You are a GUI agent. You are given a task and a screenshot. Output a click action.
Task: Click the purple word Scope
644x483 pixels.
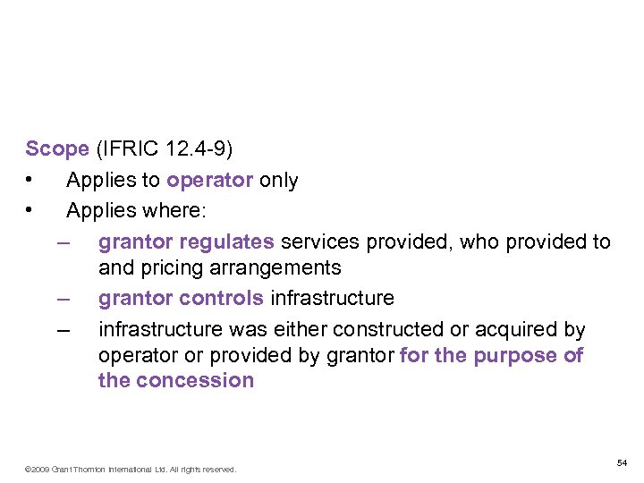click(57, 148)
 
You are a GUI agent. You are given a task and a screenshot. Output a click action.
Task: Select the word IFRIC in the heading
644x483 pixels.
click(126, 148)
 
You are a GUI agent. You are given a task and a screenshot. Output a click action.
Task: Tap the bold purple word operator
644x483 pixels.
click(210, 180)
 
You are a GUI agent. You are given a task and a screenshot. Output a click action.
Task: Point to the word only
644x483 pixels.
click(278, 180)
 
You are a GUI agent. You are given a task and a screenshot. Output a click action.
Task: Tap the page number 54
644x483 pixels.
click(622, 462)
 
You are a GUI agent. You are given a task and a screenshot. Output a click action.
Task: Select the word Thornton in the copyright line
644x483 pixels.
click(91, 469)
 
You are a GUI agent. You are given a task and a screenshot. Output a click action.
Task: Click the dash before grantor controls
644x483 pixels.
click(62, 298)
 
